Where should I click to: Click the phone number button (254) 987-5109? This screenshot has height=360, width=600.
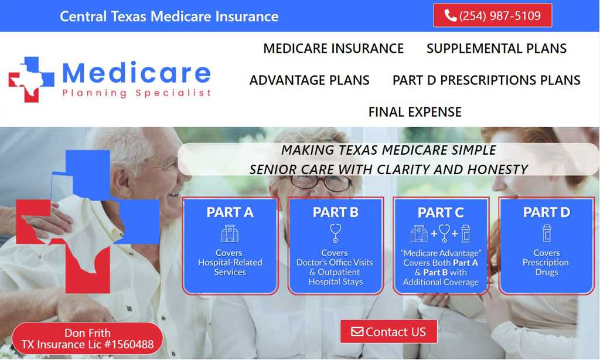tap(492, 15)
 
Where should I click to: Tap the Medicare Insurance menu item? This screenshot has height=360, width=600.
tap(333, 48)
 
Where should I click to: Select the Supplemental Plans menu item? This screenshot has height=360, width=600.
tap(496, 48)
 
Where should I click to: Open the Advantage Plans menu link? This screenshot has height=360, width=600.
tap(309, 80)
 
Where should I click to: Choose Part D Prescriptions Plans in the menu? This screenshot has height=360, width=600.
tap(486, 80)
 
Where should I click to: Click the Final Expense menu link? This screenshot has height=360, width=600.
tap(415, 112)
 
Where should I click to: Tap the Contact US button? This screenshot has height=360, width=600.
tap(388, 331)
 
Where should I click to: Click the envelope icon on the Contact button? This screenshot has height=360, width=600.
tap(357, 331)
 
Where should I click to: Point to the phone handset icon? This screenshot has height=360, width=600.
tap(451, 15)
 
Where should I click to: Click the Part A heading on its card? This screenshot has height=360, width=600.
tap(230, 212)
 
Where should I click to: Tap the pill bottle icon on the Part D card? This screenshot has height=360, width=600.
tap(547, 233)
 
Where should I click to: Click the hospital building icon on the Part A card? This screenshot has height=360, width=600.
tap(230, 233)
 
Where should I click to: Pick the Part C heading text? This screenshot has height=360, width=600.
tap(441, 213)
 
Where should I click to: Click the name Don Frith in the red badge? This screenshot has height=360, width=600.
tap(87, 333)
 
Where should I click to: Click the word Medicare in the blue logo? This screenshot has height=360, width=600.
tap(136, 73)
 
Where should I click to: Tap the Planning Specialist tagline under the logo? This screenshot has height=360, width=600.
tap(137, 93)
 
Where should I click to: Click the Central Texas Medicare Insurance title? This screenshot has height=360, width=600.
tap(169, 16)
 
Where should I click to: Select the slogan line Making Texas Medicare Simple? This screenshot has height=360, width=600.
tap(388, 150)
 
